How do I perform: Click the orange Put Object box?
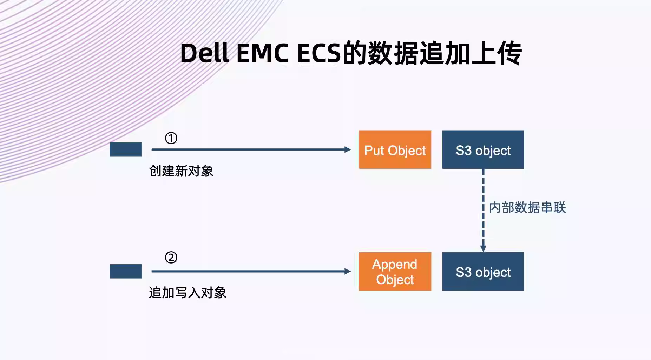395,149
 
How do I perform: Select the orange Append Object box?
395,271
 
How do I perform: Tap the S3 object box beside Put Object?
483,149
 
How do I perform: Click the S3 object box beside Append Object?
483,271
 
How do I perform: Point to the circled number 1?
171,138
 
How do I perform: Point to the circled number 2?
171,258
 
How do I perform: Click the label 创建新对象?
181,171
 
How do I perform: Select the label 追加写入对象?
188,293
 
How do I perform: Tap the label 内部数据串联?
527,207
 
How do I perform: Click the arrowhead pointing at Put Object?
348,149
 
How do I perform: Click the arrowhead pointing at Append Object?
348,271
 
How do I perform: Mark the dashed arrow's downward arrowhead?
483,248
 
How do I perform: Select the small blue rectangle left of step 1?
126,149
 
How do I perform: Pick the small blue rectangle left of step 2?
126,271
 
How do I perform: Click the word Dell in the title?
204,53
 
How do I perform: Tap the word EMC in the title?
262,53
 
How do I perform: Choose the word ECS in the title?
319,53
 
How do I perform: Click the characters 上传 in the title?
497,53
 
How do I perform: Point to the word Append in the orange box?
395,264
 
